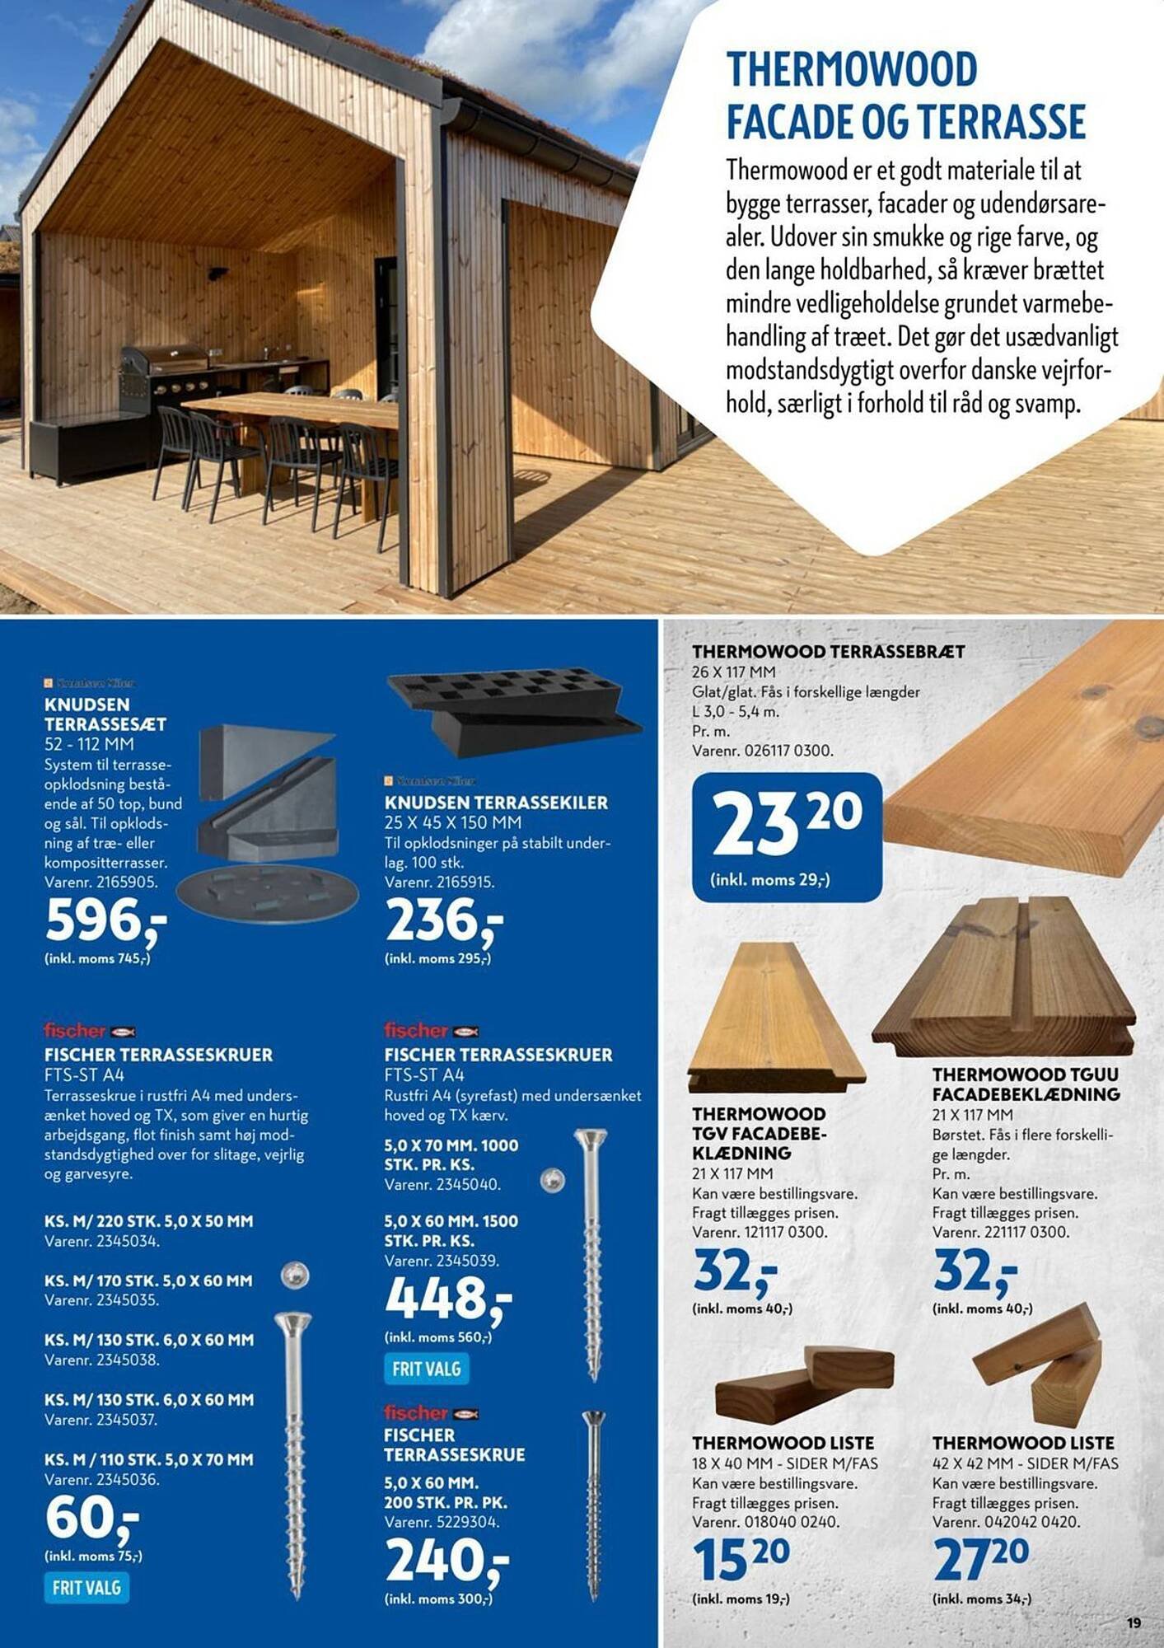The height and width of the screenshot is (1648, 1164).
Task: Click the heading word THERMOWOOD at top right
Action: [851, 70]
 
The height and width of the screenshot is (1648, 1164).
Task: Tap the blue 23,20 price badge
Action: [787, 836]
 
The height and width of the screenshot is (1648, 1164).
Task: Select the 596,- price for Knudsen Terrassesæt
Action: [105, 921]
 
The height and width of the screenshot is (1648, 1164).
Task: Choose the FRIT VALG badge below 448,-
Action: [426, 1369]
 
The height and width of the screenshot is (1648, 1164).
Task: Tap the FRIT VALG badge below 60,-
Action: [86, 1588]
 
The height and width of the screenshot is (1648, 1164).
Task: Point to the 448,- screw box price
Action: [447, 1299]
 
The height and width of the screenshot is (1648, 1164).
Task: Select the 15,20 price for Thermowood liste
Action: [741, 1557]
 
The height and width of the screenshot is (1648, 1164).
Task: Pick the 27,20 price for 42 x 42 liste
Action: [980, 1557]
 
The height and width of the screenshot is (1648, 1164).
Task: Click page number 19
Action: [1134, 1622]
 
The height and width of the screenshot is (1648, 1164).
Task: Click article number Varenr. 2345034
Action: [102, 1241]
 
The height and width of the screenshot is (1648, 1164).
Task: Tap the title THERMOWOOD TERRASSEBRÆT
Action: [828, 652]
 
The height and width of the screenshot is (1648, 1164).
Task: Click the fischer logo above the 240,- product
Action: [431, 1413]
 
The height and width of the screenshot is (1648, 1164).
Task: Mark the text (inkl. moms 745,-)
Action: [97, 958]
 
